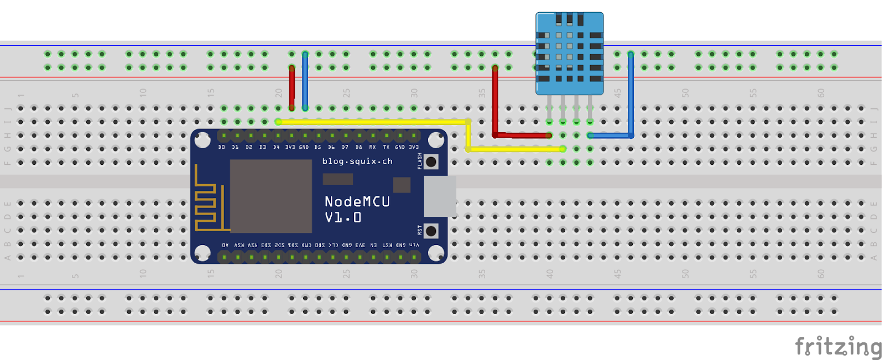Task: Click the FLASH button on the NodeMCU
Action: pos(431,162)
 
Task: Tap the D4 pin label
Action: pos(276,147)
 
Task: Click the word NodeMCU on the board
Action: pos(357,201)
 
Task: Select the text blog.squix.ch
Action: pos(357,161)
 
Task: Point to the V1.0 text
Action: pos(343,217)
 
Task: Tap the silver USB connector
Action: pos(440,196)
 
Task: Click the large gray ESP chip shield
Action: pos(271,196)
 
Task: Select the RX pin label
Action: pos(372,147)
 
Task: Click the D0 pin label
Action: pos(221,147)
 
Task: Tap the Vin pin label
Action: pos(414,245)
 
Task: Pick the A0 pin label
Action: pos(225,245)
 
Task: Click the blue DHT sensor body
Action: pos(569,54)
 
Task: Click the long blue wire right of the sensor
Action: pos(631,94)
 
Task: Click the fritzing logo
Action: pos(838,347)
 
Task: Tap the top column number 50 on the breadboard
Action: pos(685,93)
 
